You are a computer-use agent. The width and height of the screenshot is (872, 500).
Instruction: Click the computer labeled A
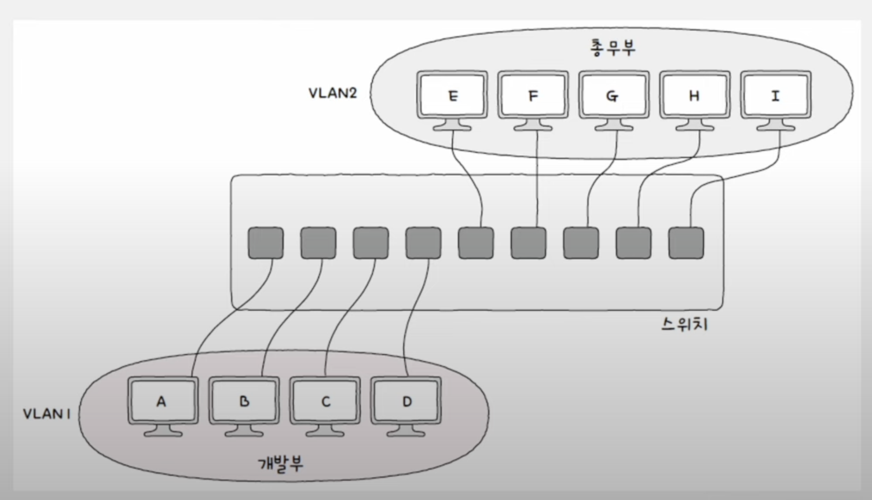tap(162, 401)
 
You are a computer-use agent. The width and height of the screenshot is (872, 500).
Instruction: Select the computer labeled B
tap(244, 401)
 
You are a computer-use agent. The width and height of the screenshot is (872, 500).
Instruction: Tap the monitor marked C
tap(325, 401)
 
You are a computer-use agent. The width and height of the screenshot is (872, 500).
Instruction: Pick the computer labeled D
tap(406, 401)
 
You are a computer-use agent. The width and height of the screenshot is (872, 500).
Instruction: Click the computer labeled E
tap(452, 95)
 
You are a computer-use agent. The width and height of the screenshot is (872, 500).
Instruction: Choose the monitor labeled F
tap(533, 95)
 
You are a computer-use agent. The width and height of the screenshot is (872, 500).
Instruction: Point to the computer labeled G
tap(613, 95)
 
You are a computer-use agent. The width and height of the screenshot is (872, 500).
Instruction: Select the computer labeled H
tap(694, 95)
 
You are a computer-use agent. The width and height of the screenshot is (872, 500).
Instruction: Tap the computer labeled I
tap(775, 95)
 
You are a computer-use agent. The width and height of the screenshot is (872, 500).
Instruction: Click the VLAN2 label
tap(332, 93)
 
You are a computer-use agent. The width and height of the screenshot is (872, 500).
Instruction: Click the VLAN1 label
tap(46, 414)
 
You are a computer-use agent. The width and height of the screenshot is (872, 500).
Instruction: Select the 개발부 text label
tap(280, 464)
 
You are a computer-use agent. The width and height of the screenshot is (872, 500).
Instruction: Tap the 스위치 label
tap(684, 325)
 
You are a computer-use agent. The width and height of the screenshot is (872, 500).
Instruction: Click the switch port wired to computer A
tap(266, 243)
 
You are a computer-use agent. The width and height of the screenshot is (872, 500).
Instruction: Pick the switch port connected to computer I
tap(686, 243)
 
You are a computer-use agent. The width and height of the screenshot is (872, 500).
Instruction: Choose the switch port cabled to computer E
tap(476, 243)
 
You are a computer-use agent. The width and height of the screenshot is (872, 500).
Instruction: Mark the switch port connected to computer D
tap(423, 243)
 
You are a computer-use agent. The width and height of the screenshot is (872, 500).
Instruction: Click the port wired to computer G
tap(581, 243)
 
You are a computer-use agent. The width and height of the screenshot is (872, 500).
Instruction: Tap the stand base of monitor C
tap(325, 432)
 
